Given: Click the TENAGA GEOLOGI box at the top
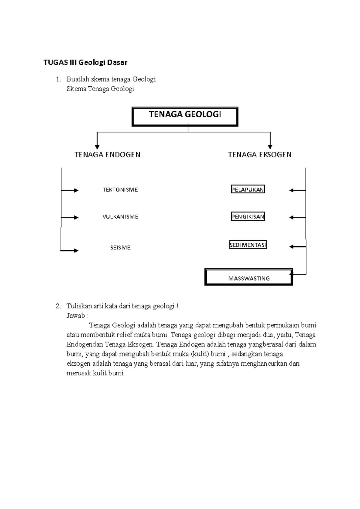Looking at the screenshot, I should [x=185, y=116].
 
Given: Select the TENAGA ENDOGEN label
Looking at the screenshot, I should [x=107, y=155].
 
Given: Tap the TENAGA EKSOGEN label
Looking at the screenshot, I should [x=259, y=155].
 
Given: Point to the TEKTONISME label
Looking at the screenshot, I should [x=120, y=190].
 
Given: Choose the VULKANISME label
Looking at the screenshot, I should [x=120, y=217].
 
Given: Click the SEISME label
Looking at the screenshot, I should [x=120, y=248].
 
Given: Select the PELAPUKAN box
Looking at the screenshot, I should [x=248, y=189].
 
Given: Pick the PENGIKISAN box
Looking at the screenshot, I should [x=248, y=216].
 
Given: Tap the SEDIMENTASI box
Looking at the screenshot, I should [x=248, y=245].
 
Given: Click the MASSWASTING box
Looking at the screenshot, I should [x=249, y=277].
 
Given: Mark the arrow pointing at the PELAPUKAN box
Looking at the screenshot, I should [x=297, y=190].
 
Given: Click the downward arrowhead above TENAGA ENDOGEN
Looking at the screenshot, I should [x=97, y=147].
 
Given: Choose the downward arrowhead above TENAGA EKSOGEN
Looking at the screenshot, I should [x=270, y=147].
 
